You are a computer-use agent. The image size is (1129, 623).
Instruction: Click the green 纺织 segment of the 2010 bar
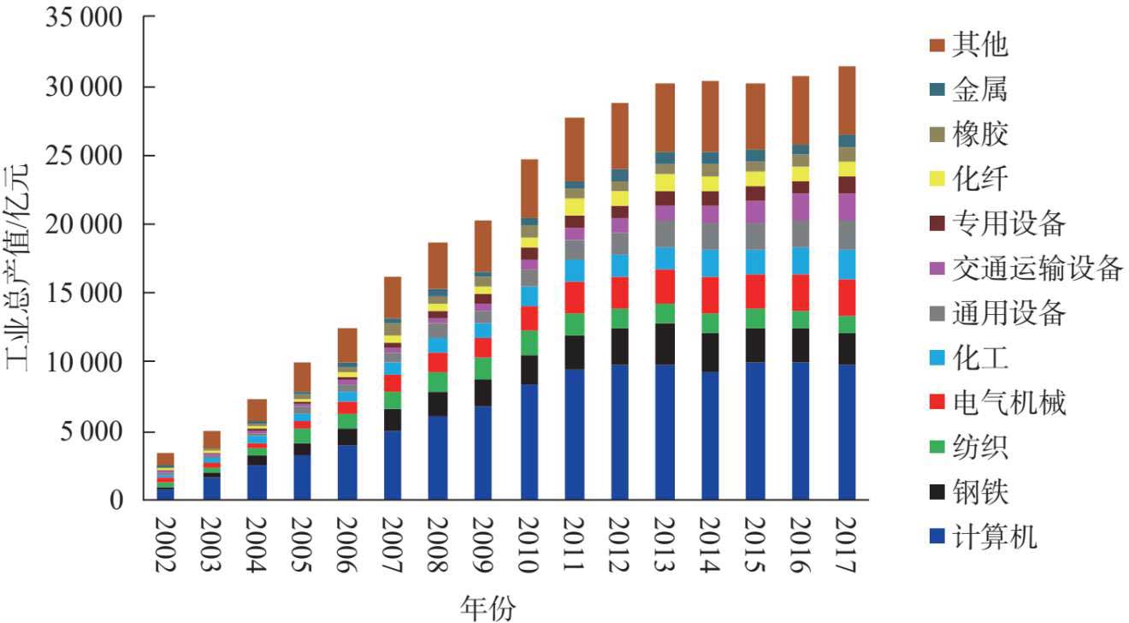coord(529,342)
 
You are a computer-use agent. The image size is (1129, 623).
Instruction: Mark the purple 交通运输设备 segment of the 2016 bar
coord(801,206)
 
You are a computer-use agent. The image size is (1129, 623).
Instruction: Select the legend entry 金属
coord(980,89)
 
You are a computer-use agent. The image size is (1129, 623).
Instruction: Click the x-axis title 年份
coord(488,607)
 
